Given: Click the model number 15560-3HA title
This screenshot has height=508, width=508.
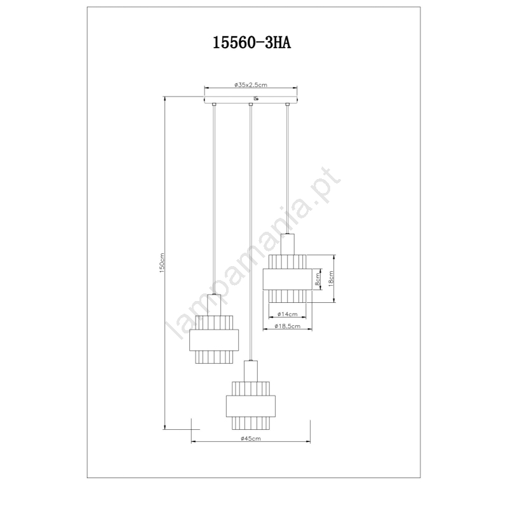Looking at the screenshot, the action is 251,43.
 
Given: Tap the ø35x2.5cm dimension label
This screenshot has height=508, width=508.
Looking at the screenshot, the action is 251,85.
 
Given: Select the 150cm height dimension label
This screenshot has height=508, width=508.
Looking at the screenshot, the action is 162,263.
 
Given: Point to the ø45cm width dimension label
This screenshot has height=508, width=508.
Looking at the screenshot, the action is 251,439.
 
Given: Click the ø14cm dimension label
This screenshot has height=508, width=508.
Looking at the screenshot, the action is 288,314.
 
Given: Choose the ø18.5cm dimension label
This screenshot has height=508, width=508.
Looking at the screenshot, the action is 288,326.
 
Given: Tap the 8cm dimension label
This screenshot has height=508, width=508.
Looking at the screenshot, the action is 317,279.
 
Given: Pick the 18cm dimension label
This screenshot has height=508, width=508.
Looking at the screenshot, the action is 331,279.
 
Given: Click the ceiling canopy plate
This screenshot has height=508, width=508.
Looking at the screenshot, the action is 251,99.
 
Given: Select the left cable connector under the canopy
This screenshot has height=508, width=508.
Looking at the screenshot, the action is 214,104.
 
